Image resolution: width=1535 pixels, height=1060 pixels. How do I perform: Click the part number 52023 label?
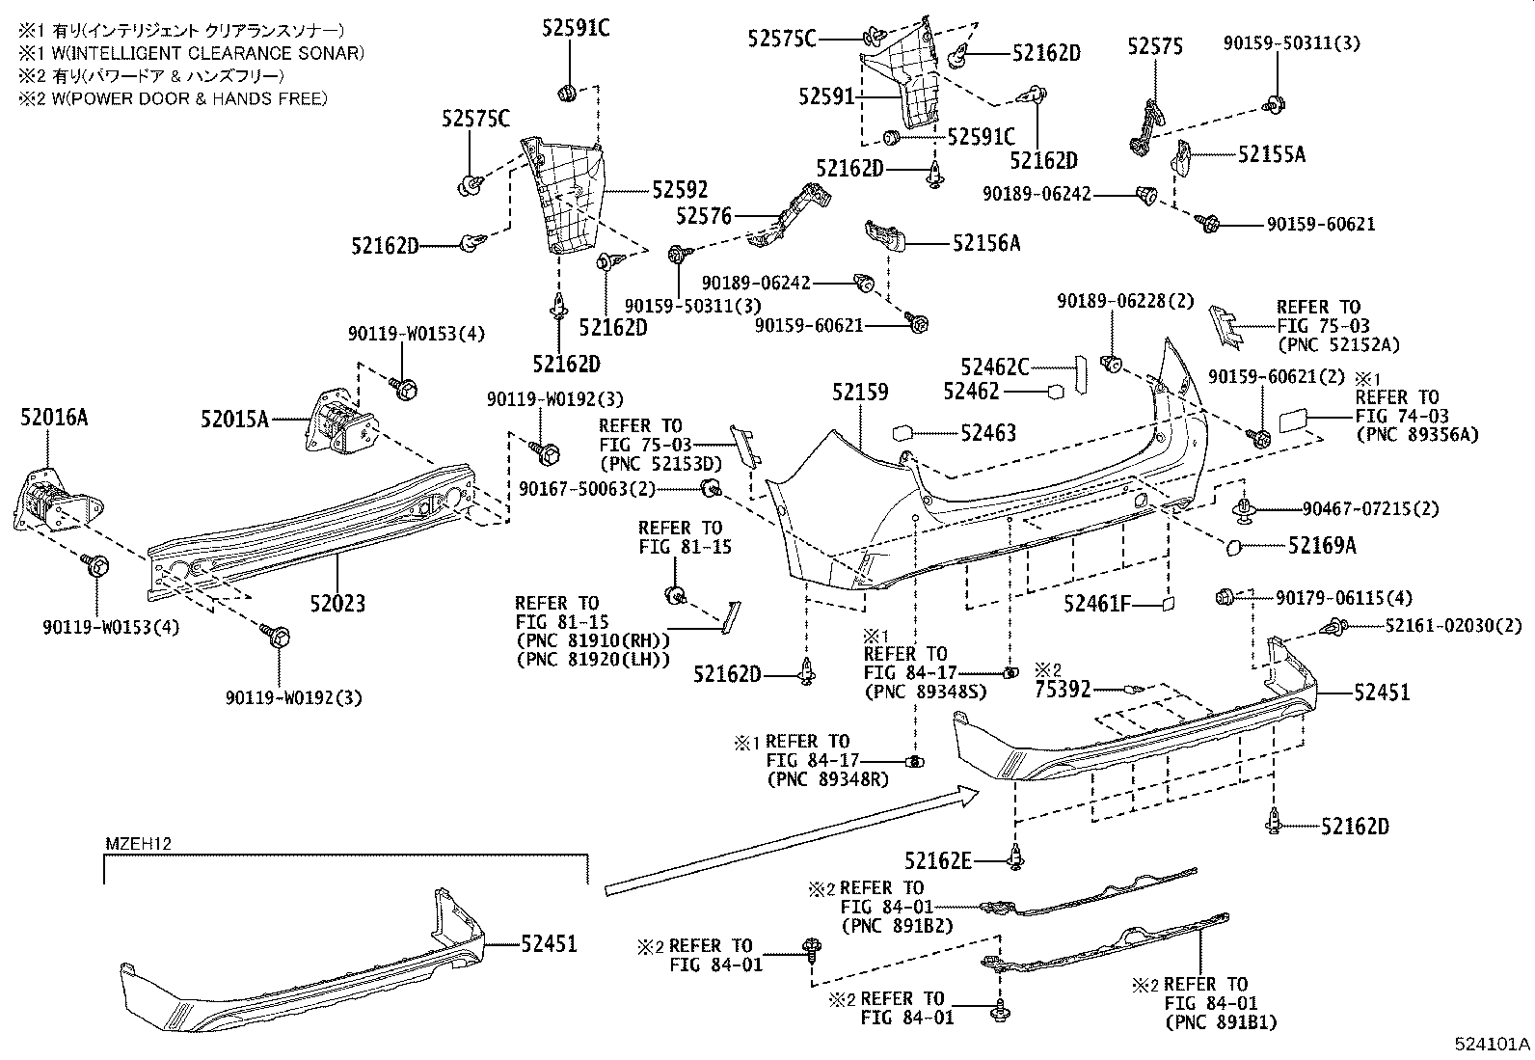tap(337, 604)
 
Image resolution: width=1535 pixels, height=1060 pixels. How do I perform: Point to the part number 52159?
tap(860, 393)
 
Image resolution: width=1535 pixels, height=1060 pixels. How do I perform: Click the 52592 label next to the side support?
tap(679, 190)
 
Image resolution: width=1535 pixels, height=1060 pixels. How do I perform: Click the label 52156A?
tap(985, 243)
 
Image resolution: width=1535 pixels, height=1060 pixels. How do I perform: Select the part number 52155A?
tap(1271, 154)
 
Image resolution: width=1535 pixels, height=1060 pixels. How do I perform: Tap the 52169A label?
tap(1322, 546)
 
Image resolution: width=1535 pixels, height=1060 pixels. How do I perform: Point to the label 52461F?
tap(1096, 604)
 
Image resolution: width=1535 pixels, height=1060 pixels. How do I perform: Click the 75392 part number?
tap(1063, 690)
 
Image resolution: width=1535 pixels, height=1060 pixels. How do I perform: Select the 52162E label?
tap(938, 859)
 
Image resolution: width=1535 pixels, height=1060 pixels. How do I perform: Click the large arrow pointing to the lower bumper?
tap(791, 841)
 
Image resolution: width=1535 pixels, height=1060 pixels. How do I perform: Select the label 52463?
tap(987, 434)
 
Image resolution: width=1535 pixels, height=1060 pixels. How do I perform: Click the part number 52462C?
tap(994, 367)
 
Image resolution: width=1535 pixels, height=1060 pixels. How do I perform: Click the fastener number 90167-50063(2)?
tap(586, 490)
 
